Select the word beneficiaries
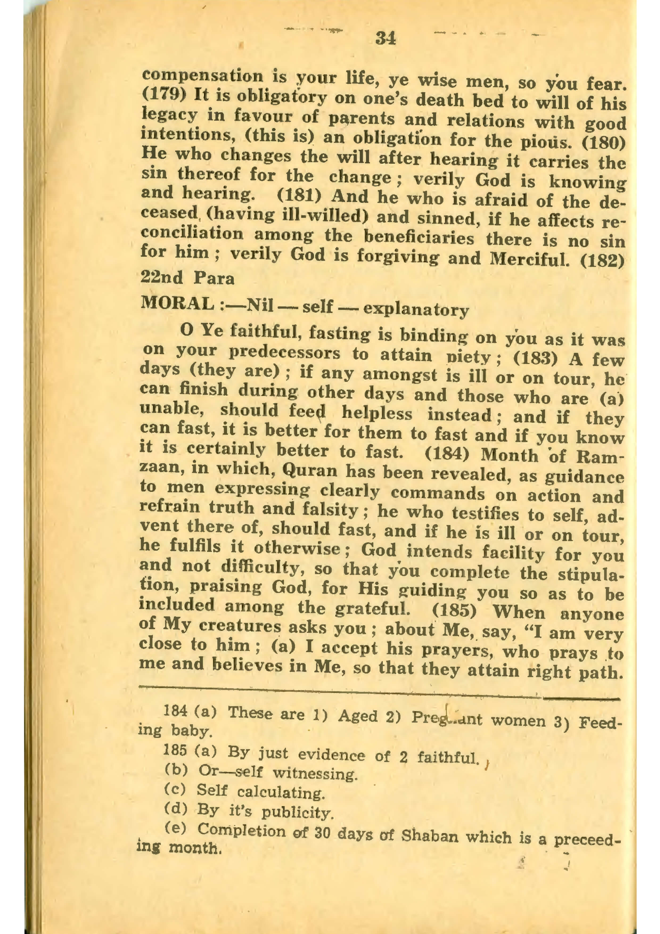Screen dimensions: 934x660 (x=419, y=237)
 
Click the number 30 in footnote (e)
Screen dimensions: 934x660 (x=321, y=832)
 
